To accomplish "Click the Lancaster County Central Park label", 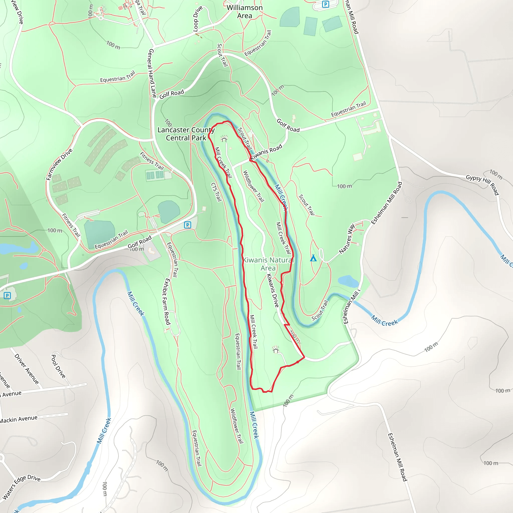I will coord(186,134).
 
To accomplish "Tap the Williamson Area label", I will coord(244,12).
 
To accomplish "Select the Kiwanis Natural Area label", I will coord(268,264).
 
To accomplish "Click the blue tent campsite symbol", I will coord(313,258).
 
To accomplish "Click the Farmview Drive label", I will coord(59,164).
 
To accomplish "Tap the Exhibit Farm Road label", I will coord(167,301).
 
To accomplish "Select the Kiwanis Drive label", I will coord(273,291).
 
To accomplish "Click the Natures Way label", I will coord(347,238).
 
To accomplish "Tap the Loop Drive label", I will coord(198,19).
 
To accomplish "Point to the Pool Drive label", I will coord(58,366).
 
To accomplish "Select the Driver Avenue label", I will coord(27,369).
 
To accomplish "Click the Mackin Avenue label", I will coord(19,419).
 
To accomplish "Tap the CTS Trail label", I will coord(216,192).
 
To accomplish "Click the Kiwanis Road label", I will coord(266,152).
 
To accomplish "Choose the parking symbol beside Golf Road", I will coord(187,225).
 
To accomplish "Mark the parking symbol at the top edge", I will coord(325,4).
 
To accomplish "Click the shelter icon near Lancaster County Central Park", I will coord(224,139).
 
